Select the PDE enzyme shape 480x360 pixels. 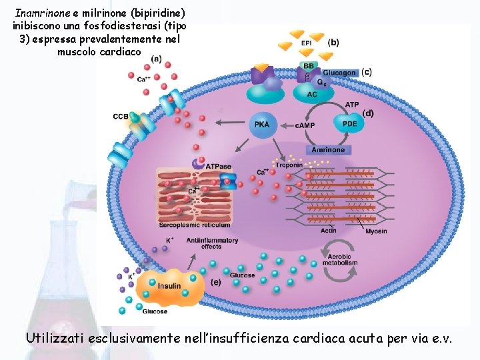(349, 123)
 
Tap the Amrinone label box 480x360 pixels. (327, 150)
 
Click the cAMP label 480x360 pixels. (304, 125)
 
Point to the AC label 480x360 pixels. (312, 95)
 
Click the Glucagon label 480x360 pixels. (339, 73)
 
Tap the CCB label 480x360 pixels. (121, 117)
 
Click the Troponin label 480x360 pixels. (289, 165)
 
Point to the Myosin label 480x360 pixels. (375, 231)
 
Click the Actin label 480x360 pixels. (328, 231)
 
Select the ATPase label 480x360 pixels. (218, 167)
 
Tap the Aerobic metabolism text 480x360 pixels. (342, 259)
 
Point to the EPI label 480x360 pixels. (307, 44)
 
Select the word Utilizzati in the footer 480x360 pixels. (56, 338)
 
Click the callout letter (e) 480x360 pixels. (215, 283)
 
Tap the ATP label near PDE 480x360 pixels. (351, 105)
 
